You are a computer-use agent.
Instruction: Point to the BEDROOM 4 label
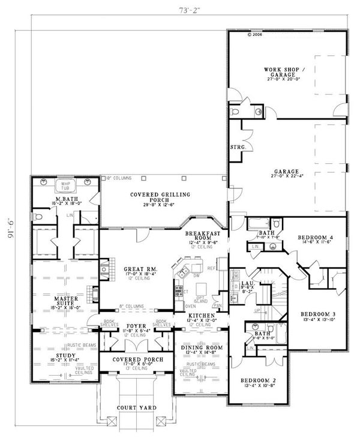(x=316, y=238)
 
